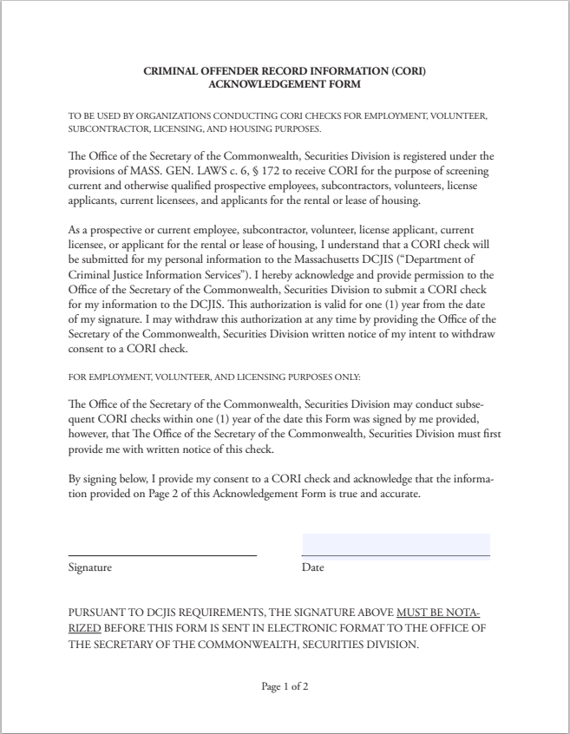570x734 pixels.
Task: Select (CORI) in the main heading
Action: pyautogui.click(x=407, y=71)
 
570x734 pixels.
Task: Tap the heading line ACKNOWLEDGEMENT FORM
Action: pyautogui.click(x=285, y=84)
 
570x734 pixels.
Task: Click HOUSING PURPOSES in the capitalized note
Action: pyautogui.click(x=282, y=128)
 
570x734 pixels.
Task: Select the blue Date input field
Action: pyautogui.click(x=396, y=545)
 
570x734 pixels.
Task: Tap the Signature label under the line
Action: pyautogui.click(x=90, y=567)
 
